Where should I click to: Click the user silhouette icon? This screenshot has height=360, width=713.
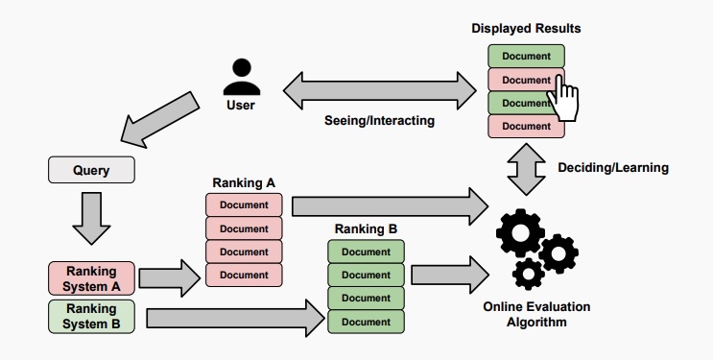241,77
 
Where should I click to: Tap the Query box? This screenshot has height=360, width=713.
91,171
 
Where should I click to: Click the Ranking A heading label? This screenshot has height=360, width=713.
244,182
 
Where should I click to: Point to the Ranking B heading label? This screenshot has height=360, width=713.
366,229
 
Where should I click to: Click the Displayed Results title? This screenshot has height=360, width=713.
526,29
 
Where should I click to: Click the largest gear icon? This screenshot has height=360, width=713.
519,233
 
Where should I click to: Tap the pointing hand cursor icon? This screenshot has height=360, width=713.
567,99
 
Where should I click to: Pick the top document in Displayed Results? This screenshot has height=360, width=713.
526,57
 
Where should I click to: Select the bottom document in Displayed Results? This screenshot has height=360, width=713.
526,126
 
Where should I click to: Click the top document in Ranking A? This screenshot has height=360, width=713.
244,205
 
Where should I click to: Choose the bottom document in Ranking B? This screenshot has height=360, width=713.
366,321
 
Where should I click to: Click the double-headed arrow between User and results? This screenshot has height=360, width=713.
379,90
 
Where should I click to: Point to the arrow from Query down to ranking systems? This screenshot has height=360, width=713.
91,219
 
